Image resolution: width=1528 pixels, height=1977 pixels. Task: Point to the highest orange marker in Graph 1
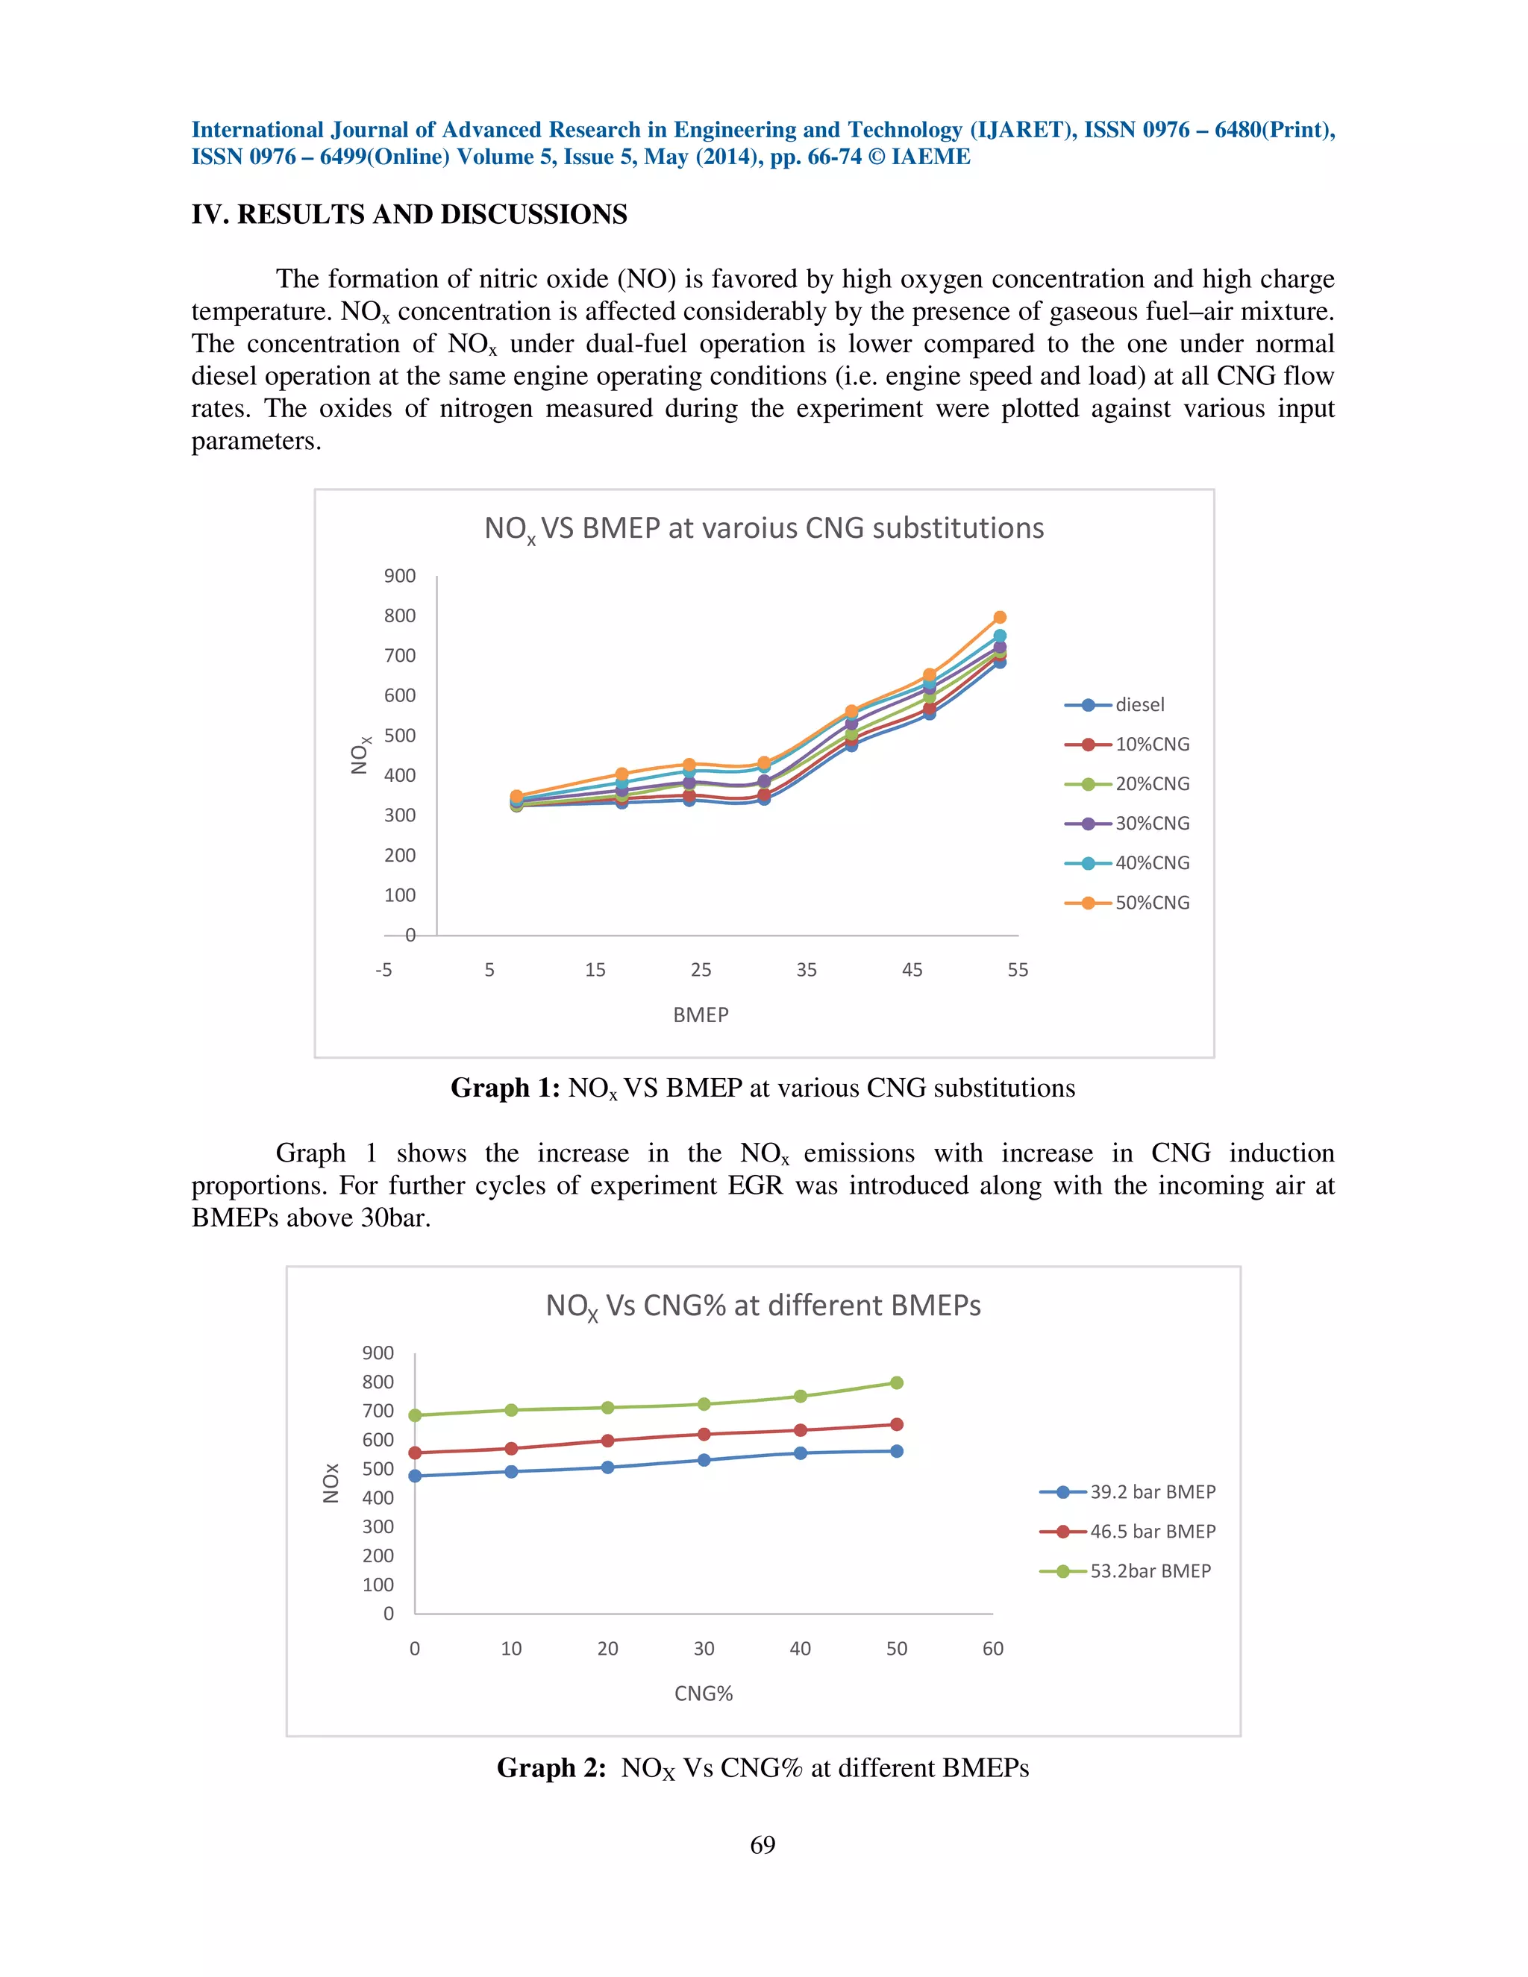coord(999,618)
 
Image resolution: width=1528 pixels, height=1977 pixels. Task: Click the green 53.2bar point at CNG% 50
coord(896,1382)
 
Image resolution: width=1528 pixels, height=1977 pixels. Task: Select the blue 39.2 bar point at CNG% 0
coord(415,1476)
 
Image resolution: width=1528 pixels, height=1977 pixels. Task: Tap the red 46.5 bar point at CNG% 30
coord(704,1434)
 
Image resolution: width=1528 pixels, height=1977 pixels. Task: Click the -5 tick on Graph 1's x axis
coord(383,970)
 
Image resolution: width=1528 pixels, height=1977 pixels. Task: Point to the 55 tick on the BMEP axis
coord(1018,970)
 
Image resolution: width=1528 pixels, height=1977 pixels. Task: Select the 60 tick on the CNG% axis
coord(992,1649)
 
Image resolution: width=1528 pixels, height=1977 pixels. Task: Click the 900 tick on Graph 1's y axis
coord(399,576)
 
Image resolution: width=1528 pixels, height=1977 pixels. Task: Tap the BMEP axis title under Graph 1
coord(701,1015)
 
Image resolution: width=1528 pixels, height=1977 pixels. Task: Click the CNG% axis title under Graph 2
coord(704,1694)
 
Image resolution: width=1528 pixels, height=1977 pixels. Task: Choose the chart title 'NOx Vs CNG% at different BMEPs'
coord(763,1306)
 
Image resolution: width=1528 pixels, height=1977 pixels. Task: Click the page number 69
coord(763,1845)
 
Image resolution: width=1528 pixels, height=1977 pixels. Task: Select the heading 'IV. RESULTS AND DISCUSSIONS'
coord(409,215)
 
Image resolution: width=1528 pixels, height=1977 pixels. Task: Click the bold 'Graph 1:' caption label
coord(505,1087)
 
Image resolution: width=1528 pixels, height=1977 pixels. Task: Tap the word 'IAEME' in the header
coord(930,157)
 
